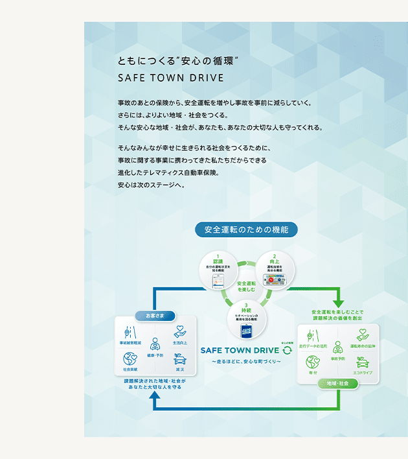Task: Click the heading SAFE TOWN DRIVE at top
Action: tap(170, 78)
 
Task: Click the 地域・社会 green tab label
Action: tap(338, 383)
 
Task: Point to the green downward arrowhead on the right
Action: tap(338, 303)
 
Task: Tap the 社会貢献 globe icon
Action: tap(129, 359)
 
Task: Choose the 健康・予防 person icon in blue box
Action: tap(155, 344)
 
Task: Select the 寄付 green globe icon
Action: tap(312, 362)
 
